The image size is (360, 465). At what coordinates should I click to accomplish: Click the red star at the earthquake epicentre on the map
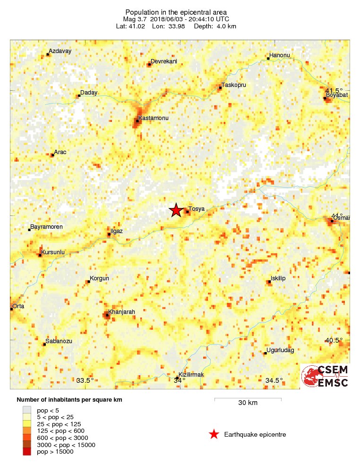(176, 210)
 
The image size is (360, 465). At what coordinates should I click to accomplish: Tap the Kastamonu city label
(153, 117)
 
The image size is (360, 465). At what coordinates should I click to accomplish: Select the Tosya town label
(196, 208)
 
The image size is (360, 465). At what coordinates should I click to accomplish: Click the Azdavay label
(60, 52)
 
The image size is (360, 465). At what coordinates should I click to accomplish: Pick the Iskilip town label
(278, 278)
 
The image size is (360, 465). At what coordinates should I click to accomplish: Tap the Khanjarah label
(122, 312)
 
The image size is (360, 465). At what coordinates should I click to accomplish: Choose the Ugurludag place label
(280, 350)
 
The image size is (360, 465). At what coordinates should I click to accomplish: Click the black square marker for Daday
(79, 96)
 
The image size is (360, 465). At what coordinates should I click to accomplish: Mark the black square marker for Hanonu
(268, 59)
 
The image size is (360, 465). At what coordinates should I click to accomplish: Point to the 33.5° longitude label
(85, 380)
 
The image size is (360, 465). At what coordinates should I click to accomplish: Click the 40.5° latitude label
(334, 340)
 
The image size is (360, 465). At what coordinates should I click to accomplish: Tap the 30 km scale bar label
(248, 403)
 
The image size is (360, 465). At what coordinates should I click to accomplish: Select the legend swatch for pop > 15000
(27, 452)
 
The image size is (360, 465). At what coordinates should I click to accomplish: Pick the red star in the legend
(214, 434)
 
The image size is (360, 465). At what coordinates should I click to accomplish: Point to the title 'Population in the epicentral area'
(180, 12)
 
